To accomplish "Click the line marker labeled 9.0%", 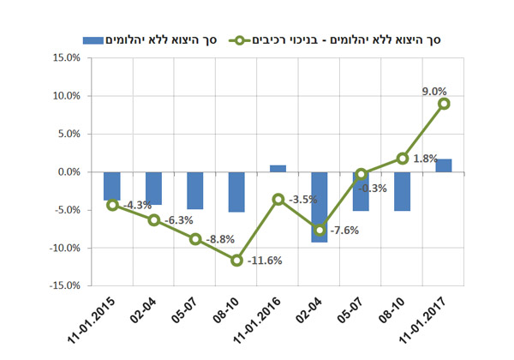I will click(x=445, y=104).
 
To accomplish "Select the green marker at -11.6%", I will click(x=237, y=260).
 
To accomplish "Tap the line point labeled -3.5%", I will click(x=278, y=199).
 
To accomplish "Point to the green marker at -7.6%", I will click(x=320, y=230).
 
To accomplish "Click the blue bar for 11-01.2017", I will click(x=445, y=165).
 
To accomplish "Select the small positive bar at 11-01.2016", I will click(x=278, y=168).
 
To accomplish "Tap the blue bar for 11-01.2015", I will click(x=112, y=186).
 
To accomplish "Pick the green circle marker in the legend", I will click(x=260, y=40).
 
